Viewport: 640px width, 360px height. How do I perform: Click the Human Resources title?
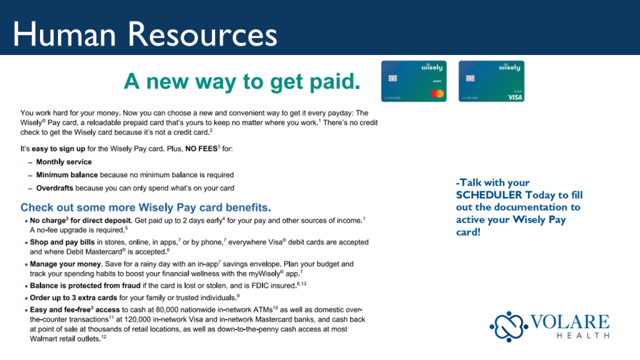145,34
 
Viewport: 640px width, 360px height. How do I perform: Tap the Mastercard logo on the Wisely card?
437,94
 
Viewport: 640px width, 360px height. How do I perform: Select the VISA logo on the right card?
515,97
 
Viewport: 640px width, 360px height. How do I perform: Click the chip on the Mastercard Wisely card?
392,78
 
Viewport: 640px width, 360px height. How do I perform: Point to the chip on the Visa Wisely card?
470,78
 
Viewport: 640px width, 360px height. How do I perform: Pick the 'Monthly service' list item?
64,162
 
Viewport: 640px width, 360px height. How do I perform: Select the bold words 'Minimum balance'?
67,175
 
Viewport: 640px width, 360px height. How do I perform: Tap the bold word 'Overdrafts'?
55,188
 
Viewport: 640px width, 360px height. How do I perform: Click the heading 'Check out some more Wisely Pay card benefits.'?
146,207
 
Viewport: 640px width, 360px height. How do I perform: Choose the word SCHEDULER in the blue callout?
489,195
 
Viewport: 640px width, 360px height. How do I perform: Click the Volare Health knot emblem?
509,326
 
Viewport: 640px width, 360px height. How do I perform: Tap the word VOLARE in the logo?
570,322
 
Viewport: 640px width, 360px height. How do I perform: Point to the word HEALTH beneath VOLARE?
583,336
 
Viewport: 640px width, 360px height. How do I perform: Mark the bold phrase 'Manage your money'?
65,264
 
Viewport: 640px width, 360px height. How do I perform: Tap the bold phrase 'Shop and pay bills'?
62,242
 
